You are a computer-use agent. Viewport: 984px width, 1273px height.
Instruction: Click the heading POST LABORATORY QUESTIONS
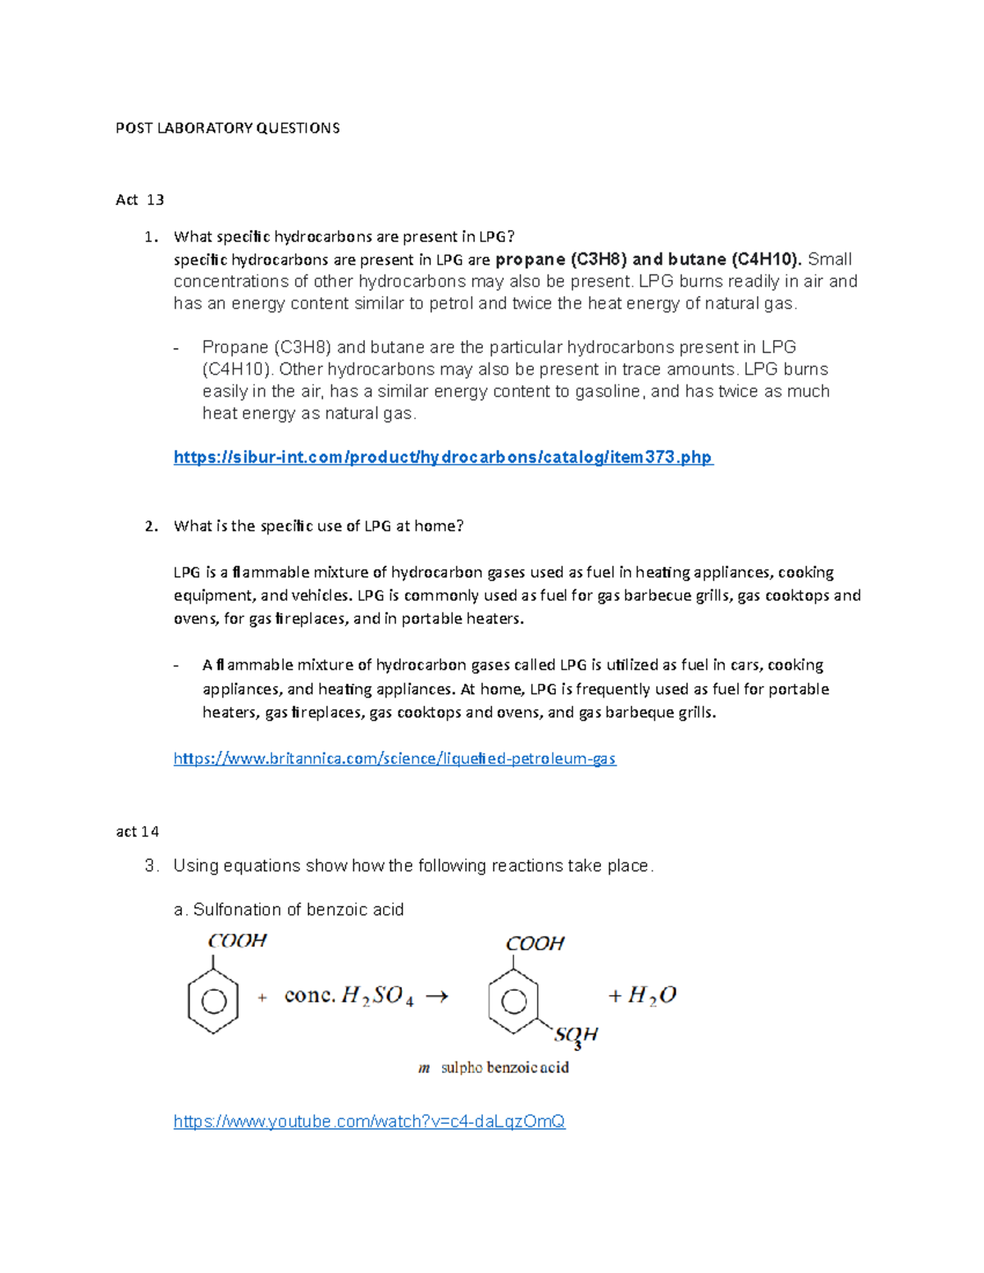[227, 128]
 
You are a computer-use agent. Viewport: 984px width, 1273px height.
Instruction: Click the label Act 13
[139, 200]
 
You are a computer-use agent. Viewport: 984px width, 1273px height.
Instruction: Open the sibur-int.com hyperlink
[443, 457]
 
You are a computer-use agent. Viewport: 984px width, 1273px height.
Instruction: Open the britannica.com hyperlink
[394, 759]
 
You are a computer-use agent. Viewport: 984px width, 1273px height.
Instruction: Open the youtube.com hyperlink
[369, 1121]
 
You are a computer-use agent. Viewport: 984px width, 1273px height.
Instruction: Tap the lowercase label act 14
[137, 831]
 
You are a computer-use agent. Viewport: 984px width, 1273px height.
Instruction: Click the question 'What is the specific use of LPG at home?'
[318, 526]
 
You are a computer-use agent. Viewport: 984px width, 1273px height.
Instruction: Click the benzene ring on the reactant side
[213, 1002]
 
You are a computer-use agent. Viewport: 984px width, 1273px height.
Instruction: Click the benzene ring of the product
[513, 1002]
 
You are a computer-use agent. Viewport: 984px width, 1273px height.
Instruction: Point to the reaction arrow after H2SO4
[436, 997]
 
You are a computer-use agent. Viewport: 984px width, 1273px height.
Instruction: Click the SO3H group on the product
[576, 1035]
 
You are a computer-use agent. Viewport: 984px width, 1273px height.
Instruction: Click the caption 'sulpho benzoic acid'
[504, 1068]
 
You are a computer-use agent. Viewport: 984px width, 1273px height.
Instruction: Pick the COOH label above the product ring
[535, 943]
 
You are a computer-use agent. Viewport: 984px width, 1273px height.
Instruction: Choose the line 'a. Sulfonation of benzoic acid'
[289, 910]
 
